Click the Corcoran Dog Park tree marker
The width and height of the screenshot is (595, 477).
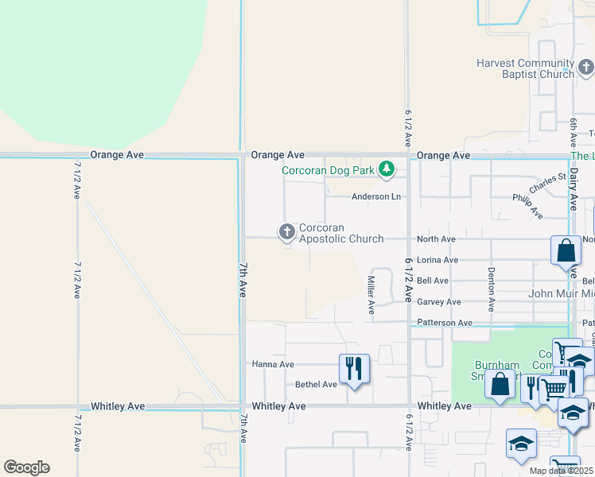(387, 169)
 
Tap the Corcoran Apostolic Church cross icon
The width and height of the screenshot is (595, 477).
(286, 231)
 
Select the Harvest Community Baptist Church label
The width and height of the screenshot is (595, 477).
(525, 68)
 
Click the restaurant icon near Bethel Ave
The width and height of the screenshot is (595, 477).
(354, 368)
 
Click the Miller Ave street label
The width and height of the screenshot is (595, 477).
(371, 294)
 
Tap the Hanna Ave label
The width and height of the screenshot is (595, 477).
(273, 364)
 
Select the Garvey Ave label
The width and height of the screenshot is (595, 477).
(439, 302)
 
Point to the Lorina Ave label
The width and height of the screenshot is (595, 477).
(437, 260)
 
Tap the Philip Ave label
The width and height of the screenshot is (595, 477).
(527, 207)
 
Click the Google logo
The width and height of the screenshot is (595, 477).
(26, 467)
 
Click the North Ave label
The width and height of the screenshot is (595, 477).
(437, 238)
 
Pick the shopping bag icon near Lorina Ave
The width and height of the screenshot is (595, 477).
(565, 250)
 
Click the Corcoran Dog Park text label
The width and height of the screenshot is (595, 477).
(329, 169)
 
